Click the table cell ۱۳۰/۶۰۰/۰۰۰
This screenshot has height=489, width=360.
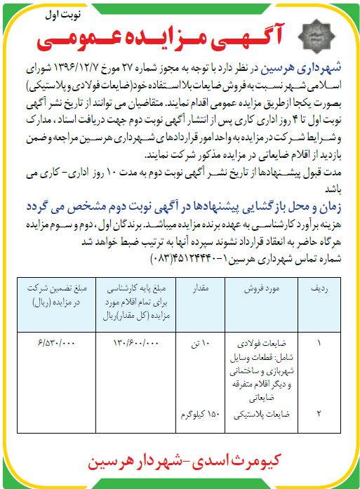137,344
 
